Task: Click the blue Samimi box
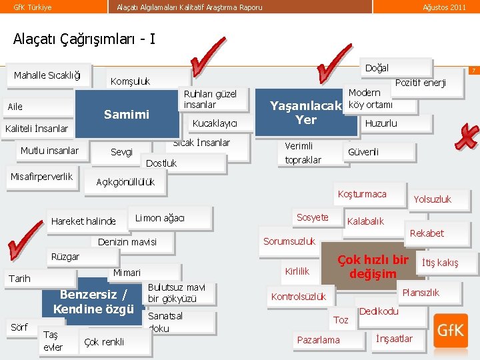tap(127, 114)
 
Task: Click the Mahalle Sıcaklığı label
tap(47, 75)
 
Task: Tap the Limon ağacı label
tap(160, 218)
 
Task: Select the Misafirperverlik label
tap(41, 176)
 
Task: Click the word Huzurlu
tap(381, 123)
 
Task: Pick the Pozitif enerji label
tap(420, 83)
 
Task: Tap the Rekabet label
tap(427, 233)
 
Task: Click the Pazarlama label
tap(318, 340)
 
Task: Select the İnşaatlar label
tap(394, 338)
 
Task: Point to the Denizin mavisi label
tap(127, 241)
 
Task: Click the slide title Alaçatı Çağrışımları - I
tap(84, 38)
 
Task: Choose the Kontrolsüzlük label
tap(298, 296)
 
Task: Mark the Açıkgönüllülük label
tap(125, 182)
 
